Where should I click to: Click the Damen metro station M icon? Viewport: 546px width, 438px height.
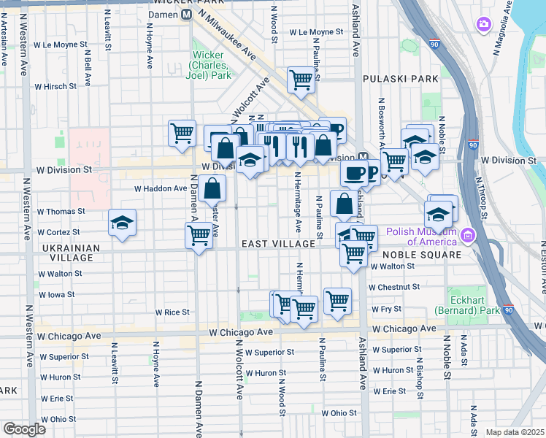pyautogui.click(x=187, y=15)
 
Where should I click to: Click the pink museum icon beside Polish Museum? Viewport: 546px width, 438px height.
pyautogui.click(x=466, y=236)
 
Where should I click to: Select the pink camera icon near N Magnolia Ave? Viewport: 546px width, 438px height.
pyautogui.click(x=483, y=26)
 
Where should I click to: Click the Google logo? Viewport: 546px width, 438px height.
pyautogui.click(x=24, y=429)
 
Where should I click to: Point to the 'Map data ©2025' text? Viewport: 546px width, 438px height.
pyautogui.click(x=515, y=432)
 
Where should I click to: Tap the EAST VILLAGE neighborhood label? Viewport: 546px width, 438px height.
pyautogui.click(x=277, y=243)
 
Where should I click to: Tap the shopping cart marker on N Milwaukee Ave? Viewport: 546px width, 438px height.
pyautogui.click(x=300, y=80)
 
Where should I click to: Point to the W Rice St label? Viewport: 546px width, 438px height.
pyautogui.click(x=172, y=312)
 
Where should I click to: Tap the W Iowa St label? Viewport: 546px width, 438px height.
pyautogui.click(x=56, y=294)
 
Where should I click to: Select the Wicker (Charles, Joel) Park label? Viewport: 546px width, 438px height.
pyautogui.click(x=212, y=65)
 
